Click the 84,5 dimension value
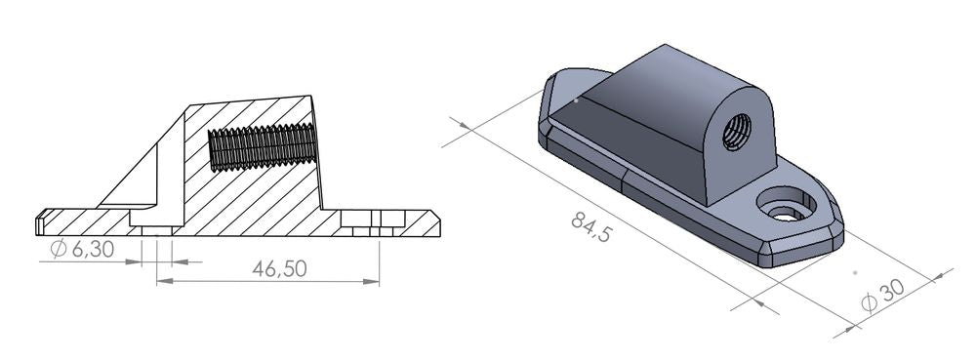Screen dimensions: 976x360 (x=592, y=227)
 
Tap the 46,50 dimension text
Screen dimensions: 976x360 (x=279, y=268)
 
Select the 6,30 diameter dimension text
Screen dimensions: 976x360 (x=94, y=250)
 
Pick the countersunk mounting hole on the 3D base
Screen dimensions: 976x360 (x=786, y=206)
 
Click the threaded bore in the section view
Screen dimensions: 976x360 (x=262, y=146)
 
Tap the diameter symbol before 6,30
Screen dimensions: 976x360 (x=59, y=250)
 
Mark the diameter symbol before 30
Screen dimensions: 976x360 (x=869, y=303)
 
